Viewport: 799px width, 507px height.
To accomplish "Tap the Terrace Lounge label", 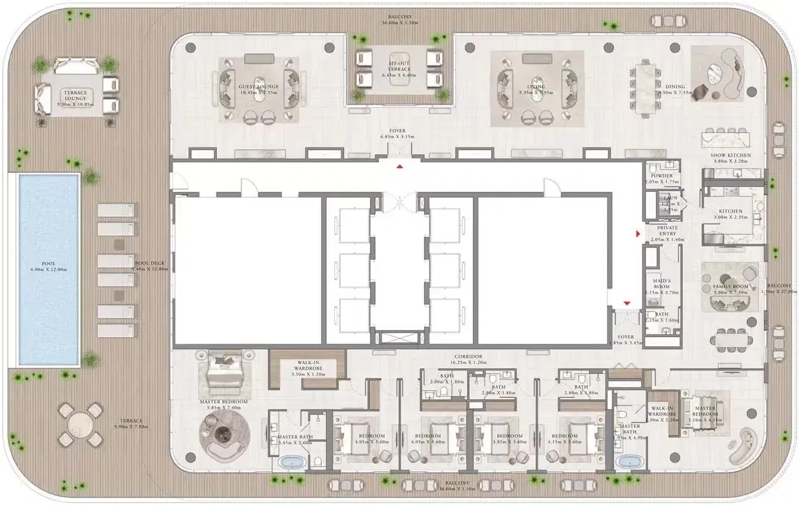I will click(x=75, y=96).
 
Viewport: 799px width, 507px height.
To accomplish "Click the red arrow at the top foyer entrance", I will click(x=399, y=166).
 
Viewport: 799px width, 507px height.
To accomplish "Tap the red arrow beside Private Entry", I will click(x=638, y=234).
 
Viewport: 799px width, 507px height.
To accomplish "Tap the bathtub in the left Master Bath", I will click(x=291, y=463).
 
